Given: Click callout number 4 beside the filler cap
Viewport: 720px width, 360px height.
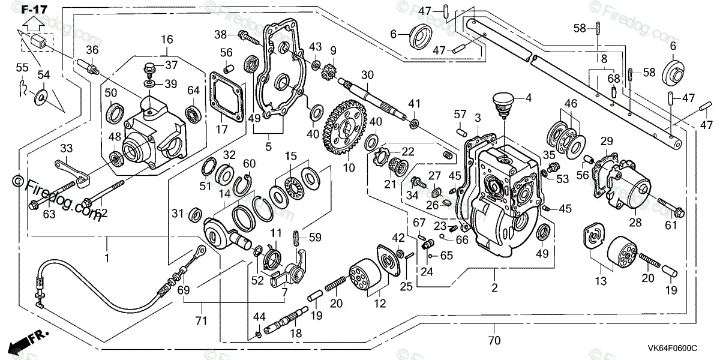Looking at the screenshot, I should pyautogui.click(x=529, y=97).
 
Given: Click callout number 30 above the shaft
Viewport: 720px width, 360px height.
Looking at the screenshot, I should pyautogui.click(x=367, y=75).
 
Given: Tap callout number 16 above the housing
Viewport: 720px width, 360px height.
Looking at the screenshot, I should pyautogui.click(x=167, y=40).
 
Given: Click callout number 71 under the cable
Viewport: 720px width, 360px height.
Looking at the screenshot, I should pyautogui.click(x=202, y=321).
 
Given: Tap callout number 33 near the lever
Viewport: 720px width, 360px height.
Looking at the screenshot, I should pyautogui.click(x=66, y=148).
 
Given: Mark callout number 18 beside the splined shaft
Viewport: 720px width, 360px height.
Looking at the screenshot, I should pyautogui.click(x=296, y=334).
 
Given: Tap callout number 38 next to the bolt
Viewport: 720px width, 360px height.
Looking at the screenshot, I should pyautogui.click(x=221, y=34).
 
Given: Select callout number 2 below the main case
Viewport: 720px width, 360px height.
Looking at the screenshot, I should pyautogui.click(x=494, y=288).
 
